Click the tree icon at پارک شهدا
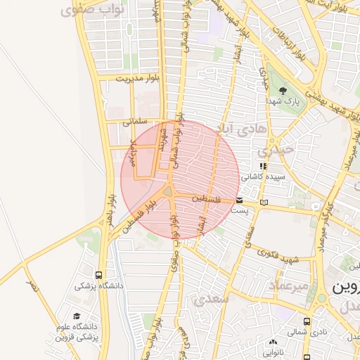tap(283, 91)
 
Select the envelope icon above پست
tap(240, 200)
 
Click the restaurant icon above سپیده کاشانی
tap(263, 165)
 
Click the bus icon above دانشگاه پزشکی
tap(99, 275)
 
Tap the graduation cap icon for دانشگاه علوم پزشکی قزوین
tap(76, 316)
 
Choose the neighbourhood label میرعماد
tap(288, 285)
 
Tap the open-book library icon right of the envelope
tap(264, 202)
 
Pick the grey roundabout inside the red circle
tap(169, 192)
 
